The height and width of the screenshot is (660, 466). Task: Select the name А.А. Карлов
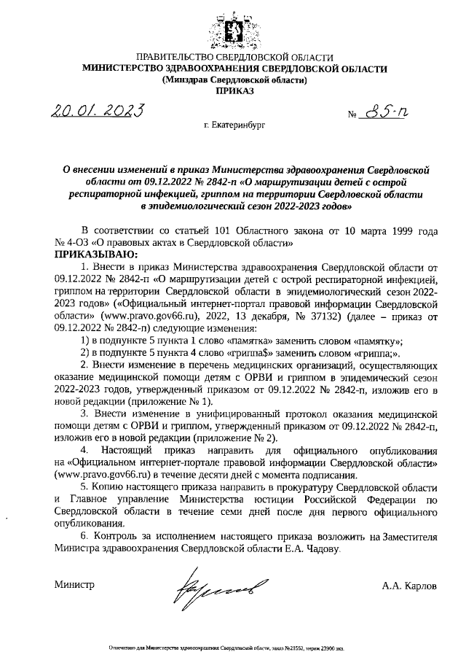coord(410,586)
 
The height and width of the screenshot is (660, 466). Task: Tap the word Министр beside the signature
coord(74,586)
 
